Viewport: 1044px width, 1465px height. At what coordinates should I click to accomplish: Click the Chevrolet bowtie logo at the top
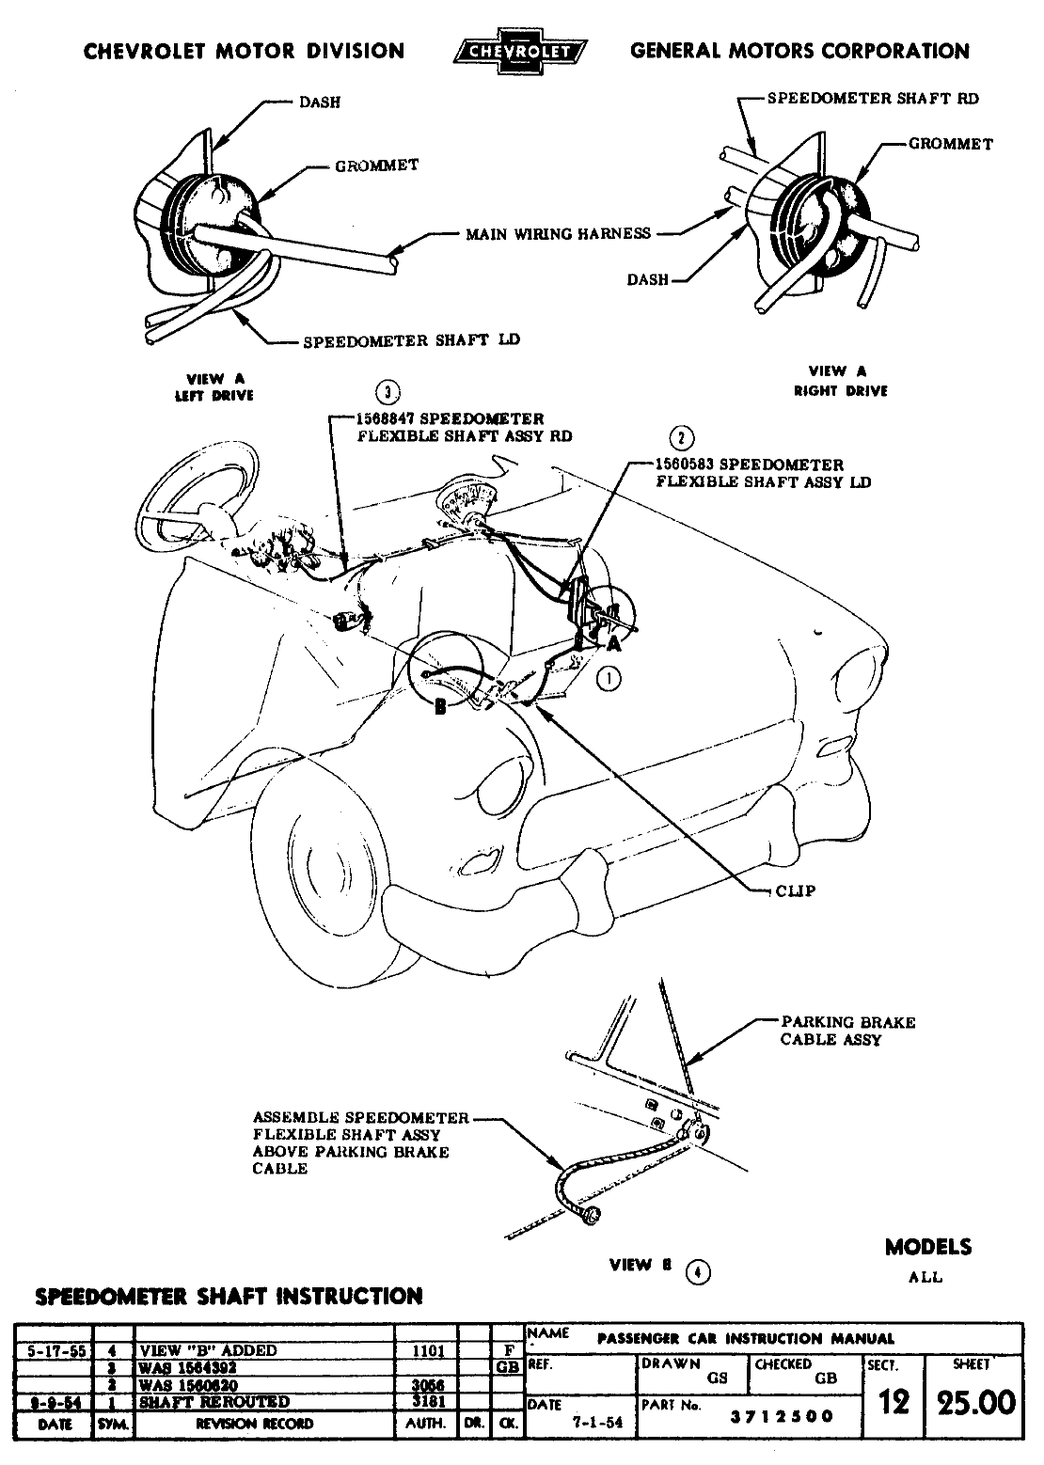click(520, 52)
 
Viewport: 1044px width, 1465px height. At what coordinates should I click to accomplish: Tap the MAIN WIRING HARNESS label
click(558, 233)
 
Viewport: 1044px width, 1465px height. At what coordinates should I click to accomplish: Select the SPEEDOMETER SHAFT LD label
click(411, 340)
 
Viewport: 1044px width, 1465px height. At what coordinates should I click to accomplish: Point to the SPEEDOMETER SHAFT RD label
click(873, 98)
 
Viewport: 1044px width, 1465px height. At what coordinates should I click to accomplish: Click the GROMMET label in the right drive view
click(950, 144)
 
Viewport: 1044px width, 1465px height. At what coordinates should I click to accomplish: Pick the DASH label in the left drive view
click(320, 102)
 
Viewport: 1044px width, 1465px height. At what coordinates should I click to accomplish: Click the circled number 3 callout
click(387, 394)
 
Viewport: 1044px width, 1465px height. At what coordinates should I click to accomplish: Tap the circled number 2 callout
click(681, 439)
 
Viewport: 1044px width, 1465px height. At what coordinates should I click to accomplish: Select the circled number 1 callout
click(609, 678)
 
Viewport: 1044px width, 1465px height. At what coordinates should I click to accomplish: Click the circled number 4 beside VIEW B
click(697, 1273)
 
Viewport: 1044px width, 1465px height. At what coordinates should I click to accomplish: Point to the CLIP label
click(796, 890)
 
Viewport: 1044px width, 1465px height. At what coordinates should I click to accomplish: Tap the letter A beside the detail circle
click(613, 643)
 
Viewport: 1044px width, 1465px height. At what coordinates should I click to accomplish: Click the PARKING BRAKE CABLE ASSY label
click(847, 1031)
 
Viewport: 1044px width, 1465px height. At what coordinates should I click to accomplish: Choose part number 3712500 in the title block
click(783, 1417)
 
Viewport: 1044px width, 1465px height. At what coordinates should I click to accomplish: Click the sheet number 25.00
click(974, 1402)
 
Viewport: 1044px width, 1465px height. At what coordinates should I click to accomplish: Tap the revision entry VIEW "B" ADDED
click(209, 1349)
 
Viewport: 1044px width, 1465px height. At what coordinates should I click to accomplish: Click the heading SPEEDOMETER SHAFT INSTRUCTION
click(229, 1297)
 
